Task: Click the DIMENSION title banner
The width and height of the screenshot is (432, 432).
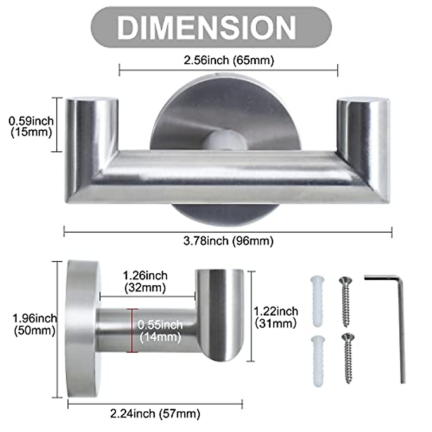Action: [x=211, y=26]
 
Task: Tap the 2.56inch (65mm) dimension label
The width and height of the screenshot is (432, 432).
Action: [x=229, y=60]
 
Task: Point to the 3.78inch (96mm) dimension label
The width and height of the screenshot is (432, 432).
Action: [x=228, y=240]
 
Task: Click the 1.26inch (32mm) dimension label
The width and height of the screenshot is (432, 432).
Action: [x=145, y=281]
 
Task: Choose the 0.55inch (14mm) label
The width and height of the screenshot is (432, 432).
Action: [x=160, y=330]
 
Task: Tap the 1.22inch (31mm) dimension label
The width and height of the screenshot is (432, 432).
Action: [x=276, y=316]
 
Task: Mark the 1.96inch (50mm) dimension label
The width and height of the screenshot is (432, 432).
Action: [x=35, y=324]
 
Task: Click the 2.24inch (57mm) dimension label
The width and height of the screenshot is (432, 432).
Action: [x=155, y=413]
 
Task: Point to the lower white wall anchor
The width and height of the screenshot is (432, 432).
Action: [x=317, y=361]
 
